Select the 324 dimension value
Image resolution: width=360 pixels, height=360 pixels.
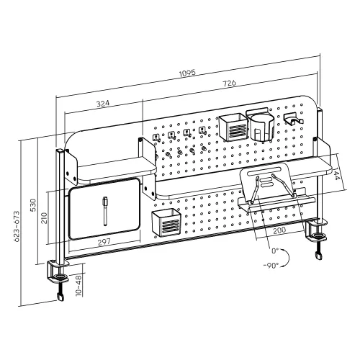(103, 104)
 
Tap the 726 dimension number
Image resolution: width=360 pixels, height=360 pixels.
(232, 84)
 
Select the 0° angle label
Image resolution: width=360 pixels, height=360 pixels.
(274, 252)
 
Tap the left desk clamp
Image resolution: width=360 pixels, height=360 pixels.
(60, 277)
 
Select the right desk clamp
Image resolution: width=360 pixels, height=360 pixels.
(317, 236)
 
